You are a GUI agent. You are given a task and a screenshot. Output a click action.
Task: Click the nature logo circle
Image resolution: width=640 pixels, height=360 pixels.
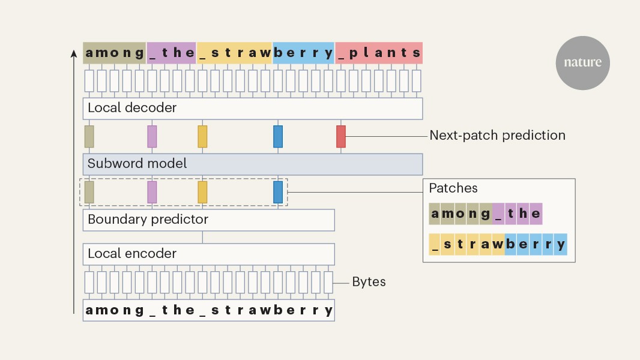coord(582,63)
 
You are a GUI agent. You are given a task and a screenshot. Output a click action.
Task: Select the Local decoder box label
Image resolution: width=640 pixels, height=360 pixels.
coord(132,107)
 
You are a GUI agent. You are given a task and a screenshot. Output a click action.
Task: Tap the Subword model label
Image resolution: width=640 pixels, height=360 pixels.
coord(137,163)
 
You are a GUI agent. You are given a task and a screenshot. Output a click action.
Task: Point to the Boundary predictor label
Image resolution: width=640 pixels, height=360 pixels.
coord(148,220)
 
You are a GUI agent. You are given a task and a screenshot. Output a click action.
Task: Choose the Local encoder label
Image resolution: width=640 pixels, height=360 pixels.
coord(132,254)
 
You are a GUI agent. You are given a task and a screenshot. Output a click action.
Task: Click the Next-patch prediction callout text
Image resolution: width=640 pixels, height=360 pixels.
coord(498,136)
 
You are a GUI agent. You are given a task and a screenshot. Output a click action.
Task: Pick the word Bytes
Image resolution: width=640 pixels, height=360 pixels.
coord(369,282)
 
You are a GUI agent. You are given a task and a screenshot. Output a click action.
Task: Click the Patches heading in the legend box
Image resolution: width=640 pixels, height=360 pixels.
coord(453,188)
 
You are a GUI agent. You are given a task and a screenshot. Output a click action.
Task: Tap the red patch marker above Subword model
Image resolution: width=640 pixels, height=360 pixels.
coord(341,137)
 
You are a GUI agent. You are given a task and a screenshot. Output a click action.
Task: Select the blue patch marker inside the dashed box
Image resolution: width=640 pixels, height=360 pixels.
coord(278,192)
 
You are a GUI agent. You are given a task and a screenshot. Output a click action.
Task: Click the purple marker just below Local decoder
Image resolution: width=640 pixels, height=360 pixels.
coord(152,137)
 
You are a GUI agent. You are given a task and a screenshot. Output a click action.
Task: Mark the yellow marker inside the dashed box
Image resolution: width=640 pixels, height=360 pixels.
coord(202,192)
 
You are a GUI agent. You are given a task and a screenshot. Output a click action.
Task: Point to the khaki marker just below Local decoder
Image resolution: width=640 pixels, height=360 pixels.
coord(89,137)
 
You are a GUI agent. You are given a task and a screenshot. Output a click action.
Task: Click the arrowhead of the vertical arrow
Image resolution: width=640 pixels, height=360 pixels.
coord(73,53)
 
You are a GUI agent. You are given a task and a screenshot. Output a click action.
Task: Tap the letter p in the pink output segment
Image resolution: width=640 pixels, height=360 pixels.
coord(354,53)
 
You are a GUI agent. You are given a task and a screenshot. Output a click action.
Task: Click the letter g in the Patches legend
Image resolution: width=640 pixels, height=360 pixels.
coord(485,214)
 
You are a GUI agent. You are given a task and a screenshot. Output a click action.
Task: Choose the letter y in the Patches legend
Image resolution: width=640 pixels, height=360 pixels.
coord(561,245)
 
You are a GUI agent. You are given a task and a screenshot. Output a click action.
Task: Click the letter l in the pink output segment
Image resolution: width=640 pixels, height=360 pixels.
coord(366,52)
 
